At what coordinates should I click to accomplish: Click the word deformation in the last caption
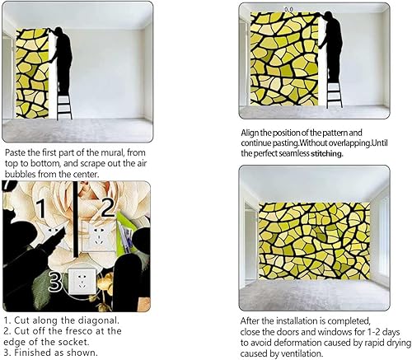290,343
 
